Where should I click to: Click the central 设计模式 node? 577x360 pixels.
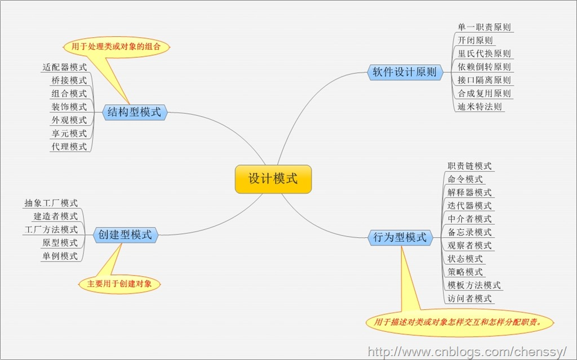(273, 179)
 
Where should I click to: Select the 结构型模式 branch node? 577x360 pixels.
(134, 112)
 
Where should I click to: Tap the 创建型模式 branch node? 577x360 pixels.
(125, 235)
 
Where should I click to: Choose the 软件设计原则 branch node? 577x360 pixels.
(405, 72)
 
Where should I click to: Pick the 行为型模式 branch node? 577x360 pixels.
(400, 237)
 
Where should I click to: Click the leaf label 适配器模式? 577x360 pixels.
(65, 67)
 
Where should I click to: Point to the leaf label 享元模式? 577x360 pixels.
(69, 134)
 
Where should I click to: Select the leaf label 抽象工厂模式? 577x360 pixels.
(51, 203)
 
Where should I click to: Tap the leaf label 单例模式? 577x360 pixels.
(60, 256)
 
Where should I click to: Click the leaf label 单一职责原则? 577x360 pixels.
(485, 27)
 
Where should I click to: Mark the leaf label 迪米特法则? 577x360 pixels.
(480, 106)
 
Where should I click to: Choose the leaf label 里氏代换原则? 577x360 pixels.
(485, 54)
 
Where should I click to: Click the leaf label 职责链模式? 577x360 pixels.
(469, 166)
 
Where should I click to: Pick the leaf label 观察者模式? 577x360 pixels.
(469, 246)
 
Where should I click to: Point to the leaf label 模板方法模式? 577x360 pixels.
(474, 285)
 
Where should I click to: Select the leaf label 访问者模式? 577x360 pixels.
(469, 299)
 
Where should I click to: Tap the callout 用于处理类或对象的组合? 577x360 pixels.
(117, 47)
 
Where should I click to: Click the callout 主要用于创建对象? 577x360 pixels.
(119, 284)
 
